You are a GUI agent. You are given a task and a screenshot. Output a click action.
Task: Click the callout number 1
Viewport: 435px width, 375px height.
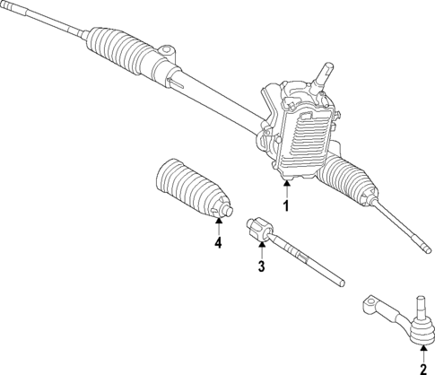pyautogui.click(x=286, y=205)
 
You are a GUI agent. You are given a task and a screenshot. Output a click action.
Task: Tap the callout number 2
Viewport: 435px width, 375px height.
pyautogui.click(x=422, y=368)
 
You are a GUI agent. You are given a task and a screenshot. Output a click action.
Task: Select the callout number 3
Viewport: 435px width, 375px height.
pyautogui.click(x=262, y=266)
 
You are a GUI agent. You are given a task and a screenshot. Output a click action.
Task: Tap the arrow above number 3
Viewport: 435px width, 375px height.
pyautogui.click(x=262, y=248)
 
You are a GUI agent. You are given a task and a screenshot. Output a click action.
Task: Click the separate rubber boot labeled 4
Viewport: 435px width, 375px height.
pyautogui.click(x=188, y=190)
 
